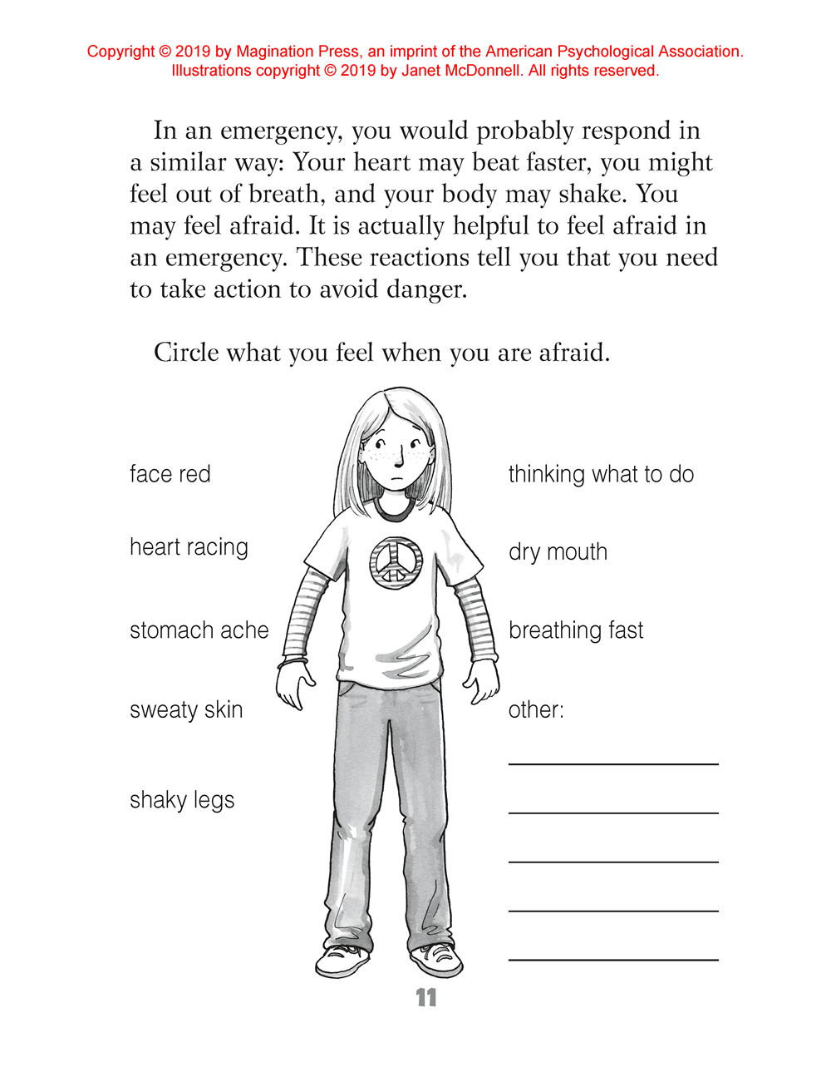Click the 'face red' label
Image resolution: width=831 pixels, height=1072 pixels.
pyautogui.click(x=170, y=474)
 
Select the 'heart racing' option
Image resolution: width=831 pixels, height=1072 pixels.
pyautogui.click(x=189, y=547)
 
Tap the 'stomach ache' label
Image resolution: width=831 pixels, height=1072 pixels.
pyautogui.click(x=199, y=630)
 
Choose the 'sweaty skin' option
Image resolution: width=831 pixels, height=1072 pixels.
pyautogui.click(x=186, y=709)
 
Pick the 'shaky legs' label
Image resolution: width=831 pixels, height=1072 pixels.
pyautogui.click(x=182, y=800)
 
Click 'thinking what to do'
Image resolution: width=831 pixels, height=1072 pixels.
pyautogui.click(x=601, y=474)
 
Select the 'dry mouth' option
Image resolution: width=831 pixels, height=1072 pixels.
pyautogui.click(x=558, y=552)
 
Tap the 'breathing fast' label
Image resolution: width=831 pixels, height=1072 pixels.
pyautogui.click(x=576, y=630)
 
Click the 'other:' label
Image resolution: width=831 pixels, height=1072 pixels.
pyautogui.click(x=536, y=709)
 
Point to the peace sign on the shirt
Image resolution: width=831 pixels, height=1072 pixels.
pyautogui.click(x=396, y=563)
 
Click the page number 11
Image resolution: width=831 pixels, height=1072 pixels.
pyautogui.click(x=425, y=998)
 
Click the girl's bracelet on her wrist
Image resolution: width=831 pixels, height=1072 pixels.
pyautogui.click(x=293, y=663)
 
